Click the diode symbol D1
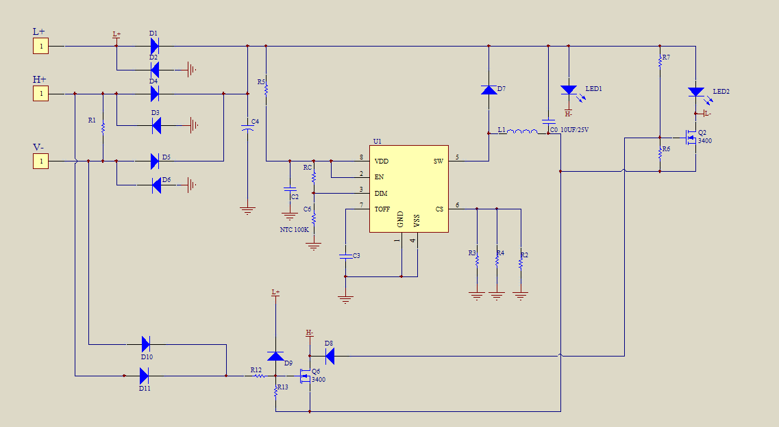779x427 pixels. tap(155, 46)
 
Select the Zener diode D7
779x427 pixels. tap(489, 90)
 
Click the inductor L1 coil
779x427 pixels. tap(522, 131)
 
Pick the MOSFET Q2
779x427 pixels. tap(691, 138)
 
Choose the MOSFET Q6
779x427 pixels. tap(305, 376)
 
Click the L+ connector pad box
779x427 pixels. tap(40, 46)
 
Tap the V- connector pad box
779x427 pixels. tap(40, 161)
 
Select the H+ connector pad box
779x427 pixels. tap(40, 93)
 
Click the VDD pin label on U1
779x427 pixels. tap(382, 161)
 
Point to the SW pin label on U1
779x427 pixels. tap(438, 161)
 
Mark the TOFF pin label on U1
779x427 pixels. tap(382, 209)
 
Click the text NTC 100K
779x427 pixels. tap(294, 230)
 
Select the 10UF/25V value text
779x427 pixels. tap(574, 130)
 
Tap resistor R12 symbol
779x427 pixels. tap(260, 376)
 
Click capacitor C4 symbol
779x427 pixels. tap(247, 127)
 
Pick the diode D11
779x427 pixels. tap(144, 376)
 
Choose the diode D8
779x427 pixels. tap(330, 356)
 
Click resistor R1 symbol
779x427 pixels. tap(103, 128)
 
